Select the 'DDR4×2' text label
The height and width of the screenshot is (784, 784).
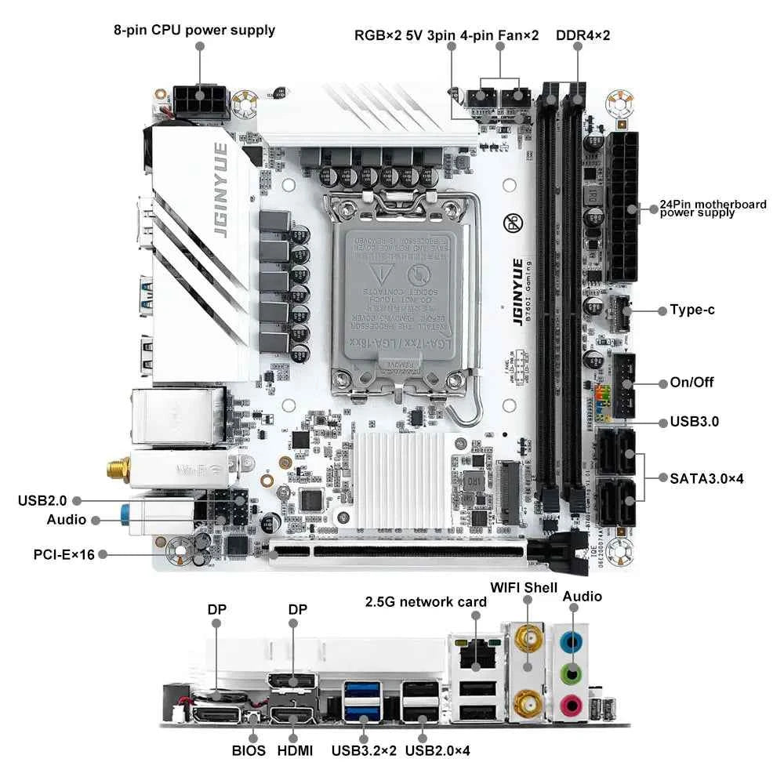(583, 35)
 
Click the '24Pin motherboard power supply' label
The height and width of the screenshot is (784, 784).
(713, 208)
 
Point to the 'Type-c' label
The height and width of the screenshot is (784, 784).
(691, 310)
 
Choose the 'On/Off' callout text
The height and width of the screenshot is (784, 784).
(691, 383)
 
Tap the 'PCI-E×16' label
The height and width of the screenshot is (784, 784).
(64, 554)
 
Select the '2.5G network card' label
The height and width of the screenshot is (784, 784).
(426, 601)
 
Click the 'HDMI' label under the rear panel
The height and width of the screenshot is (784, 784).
(295, 750)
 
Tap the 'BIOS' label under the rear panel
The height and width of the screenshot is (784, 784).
(249, 750)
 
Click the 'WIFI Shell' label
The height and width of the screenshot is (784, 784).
(524, 587)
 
